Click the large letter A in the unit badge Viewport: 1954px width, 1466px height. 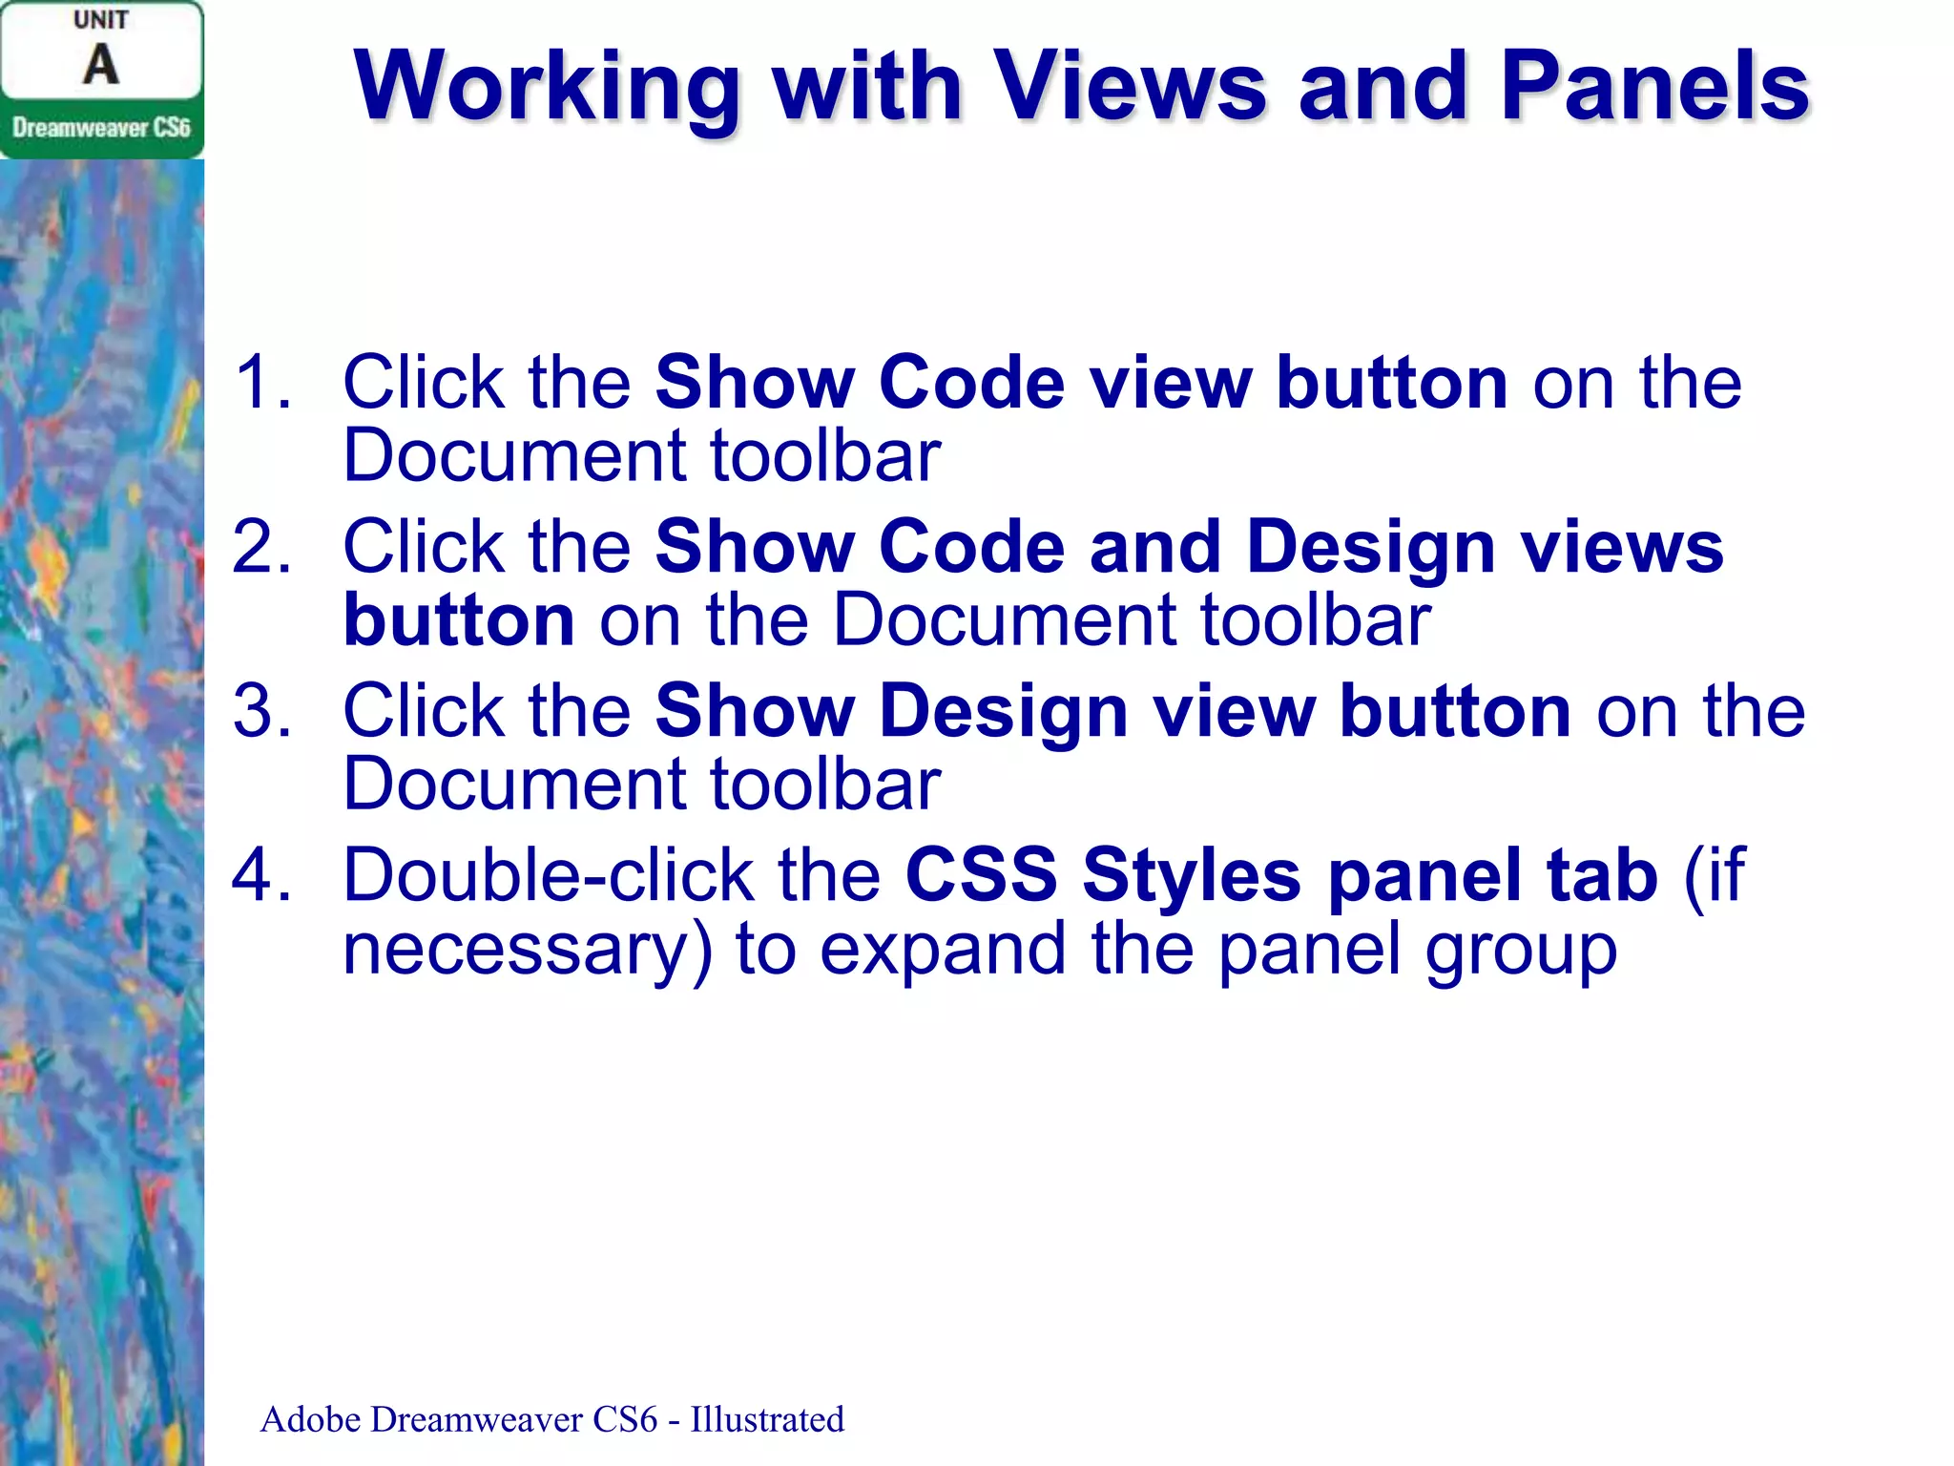(x=101, y=65)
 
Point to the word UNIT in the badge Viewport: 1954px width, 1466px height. (x=101, y=20)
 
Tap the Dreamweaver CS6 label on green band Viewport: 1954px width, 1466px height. (x=101, y=128)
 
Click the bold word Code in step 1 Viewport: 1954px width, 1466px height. (x=970, y=382)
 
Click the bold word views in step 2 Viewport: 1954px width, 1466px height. (x=1622, y=547)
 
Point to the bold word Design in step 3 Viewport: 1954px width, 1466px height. (x=1004, y=713)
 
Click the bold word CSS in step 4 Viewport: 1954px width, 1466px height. (x=981, y=875)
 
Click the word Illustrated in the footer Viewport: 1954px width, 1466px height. (x=767, y=1420)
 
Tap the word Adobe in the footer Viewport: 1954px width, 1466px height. (x=310, y=1420)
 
